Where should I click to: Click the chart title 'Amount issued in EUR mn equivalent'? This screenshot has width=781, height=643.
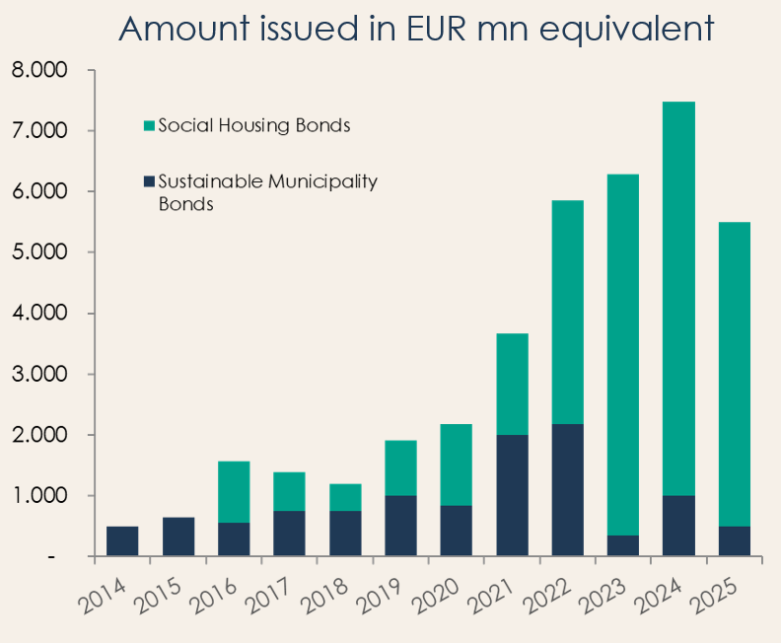pos(414,29)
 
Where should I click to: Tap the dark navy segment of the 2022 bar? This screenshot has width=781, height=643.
pos(568,490)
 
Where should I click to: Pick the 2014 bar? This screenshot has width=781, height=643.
pos(122,541)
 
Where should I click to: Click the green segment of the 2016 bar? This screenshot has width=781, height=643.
pos(234,492)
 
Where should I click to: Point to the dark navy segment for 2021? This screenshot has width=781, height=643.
pos(512,495)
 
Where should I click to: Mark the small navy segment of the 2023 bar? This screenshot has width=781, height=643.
pos(623,546)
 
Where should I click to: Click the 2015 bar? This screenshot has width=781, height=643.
pos(177,536)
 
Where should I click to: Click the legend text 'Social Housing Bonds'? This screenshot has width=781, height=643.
pos(254,126)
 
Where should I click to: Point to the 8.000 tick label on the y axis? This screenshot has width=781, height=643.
pos(40,71)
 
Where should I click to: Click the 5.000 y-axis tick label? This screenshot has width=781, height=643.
pos(40,252)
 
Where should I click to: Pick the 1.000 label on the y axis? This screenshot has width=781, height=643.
pos(40,496)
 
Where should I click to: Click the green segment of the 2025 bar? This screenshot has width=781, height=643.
pos(735,374)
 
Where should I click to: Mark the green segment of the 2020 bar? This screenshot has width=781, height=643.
pos(457,464)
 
